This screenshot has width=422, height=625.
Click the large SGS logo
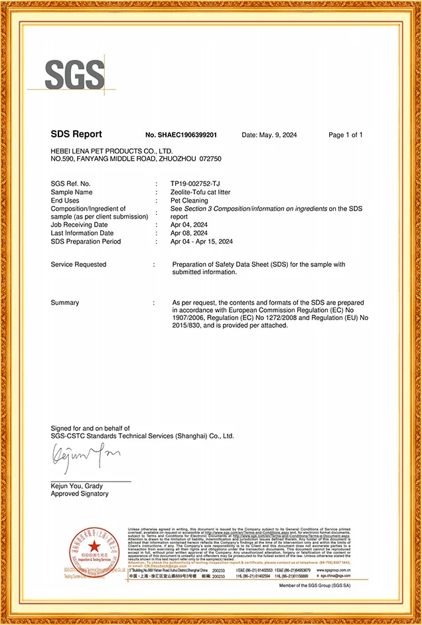pos(75,75)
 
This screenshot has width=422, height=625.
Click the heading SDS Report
pos(76,135)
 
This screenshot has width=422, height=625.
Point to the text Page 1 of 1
pos(346,135)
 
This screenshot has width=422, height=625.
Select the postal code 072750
pos(210,159)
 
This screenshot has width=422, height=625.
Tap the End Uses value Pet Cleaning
pos(190,200)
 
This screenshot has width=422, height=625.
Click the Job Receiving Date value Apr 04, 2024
pos(189,224)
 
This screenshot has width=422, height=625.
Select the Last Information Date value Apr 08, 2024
pos(189,233)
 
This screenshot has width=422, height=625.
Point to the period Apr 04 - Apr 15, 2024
pos(202,241)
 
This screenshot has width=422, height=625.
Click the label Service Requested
pos(78,264)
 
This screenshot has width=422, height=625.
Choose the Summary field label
pos(65,303)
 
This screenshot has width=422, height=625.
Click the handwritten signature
pos(83,457)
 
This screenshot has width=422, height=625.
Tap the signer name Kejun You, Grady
pos(76,486)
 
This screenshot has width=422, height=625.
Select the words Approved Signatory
pos(80,494)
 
